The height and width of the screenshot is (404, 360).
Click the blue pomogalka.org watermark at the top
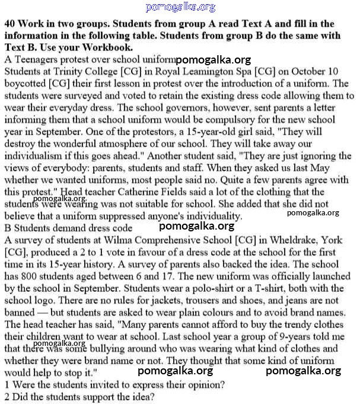click(x=180, y=7)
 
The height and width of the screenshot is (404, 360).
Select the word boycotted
click(x=25, y=84)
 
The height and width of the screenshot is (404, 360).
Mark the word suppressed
click(x=122, y=216)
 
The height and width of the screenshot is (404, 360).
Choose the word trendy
click(x=295, y=325)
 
